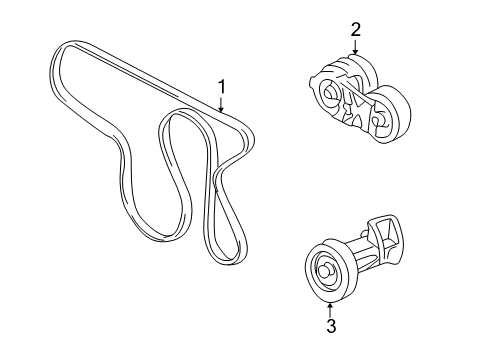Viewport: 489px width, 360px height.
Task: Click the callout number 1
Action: pyautogui.click(x=224, y=87)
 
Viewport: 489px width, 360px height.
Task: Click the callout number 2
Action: pyautogui.click(x=355, y=32)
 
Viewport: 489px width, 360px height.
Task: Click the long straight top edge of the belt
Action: pyautogui.click(x=150, y=76)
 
